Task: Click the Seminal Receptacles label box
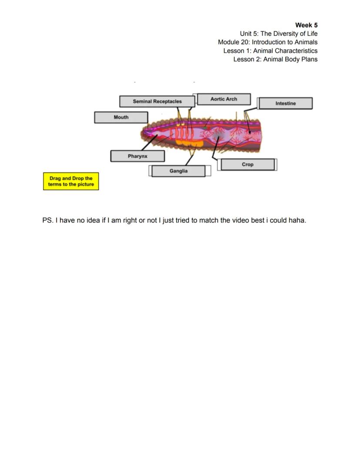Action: pyautogui.click(x=157, y=101)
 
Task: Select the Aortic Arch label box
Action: pyautogui.click(x=224, y=99)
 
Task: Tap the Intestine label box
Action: pyautogui.click(x=285, y=104)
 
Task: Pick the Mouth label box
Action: pyautogui.click(x=121, y=117)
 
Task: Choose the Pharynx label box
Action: pyautogui.click(x=137, y=156)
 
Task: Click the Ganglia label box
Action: pyautogui.click(x=178, y=171)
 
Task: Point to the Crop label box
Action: pyautogui.click(x=247, y=164)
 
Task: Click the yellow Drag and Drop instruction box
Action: pyautogui.click(x=71, y=181)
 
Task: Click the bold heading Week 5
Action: pyautogui.click(x=306, y=25)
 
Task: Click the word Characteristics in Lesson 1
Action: pyautogui.click(x=296, y=50)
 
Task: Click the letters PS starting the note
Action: pyautogui.click(x=47, y=220)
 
